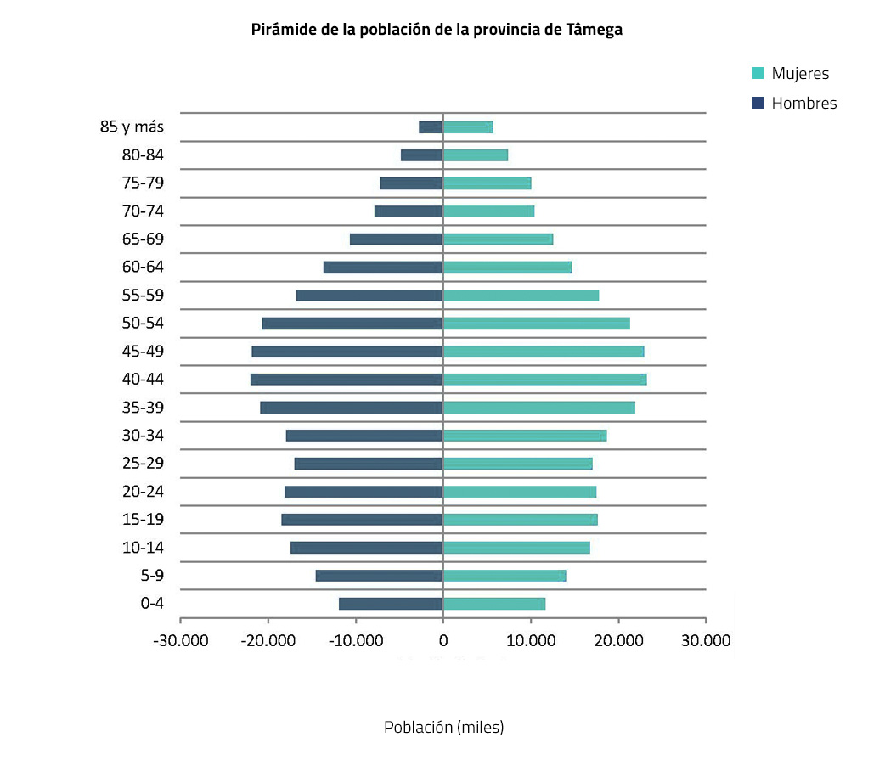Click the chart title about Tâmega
(x=437, y=30)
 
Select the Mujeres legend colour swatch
(x=758, y=74)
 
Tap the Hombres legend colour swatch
(x=758, y=103)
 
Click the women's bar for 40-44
(x=544, y=380)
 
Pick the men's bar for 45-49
(x=347, y=352)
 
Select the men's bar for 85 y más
(x=431, y=127)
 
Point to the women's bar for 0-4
(x=493, y=604)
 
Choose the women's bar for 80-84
(x=475, y=155)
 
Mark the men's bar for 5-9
(x=379, y=576)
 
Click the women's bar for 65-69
(x=498, y=239)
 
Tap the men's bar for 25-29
(x=369, y=464)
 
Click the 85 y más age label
(x=132, y=127)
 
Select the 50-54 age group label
(x=143, y=324)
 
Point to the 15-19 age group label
(x=143, y=520)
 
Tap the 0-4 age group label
(x=151, y=604)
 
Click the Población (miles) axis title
(x=443, y=728)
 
